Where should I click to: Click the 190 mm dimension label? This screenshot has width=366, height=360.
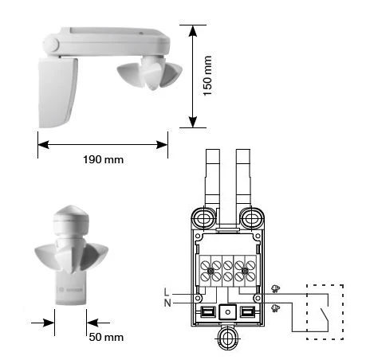coord(103,160)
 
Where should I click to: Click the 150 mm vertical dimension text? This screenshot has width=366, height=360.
coord(207,76)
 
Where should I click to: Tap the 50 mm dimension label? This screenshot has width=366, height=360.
coord(106,337)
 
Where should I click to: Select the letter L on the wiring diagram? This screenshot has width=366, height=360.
coord(167,292)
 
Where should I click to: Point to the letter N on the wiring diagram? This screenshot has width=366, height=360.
coord(167,303)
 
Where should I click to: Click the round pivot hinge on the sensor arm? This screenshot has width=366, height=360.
coord(51,45)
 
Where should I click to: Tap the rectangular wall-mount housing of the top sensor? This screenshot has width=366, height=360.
coord(58,92)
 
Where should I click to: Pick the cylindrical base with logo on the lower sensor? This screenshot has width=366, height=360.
coord(71,290)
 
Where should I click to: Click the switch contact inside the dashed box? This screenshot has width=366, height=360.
coord(324,315)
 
